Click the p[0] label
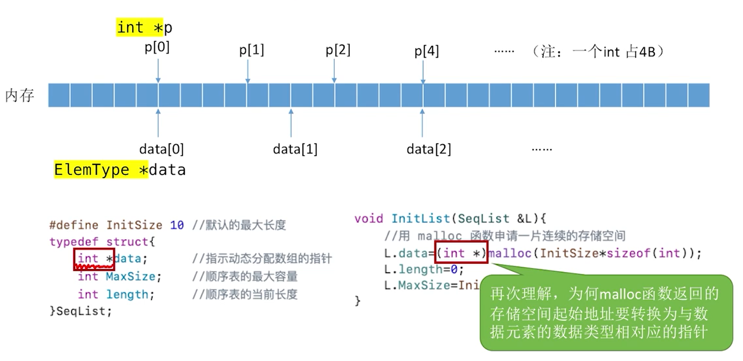point(157,48)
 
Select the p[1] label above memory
point(252,50)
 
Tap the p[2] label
point(338,50)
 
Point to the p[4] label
point(427,51)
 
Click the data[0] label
point(161,149)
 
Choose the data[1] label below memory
point(295,149)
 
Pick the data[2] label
point(429,149)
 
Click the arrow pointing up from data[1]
point(291,123)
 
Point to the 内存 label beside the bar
point(20,95)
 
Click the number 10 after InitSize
point(177,225)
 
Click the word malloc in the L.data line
point(510,253)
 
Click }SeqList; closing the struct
point(81,312)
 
